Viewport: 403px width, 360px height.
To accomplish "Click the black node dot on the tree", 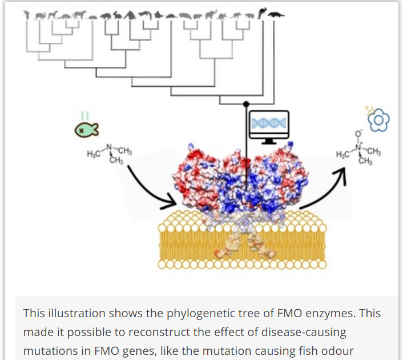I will point(246,104).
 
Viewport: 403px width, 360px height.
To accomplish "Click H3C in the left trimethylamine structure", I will point(94,154).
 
